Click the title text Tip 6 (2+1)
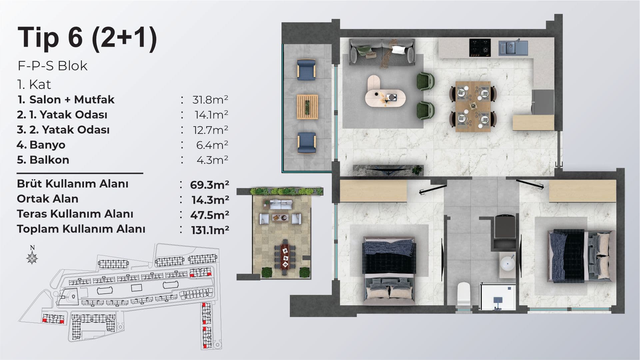point(87,38)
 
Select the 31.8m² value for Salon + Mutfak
point(210,100)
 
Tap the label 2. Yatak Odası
point(69,130)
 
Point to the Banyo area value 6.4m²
point(212,145)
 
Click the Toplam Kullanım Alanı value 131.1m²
point(210,230)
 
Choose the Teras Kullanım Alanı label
point(75,214)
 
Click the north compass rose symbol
point(32,257)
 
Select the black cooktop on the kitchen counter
point(480,47)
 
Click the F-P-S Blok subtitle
point(52,66)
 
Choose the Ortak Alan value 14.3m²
point(210,200)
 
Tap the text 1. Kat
point(34,85)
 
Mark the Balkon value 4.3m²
point(212,160)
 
